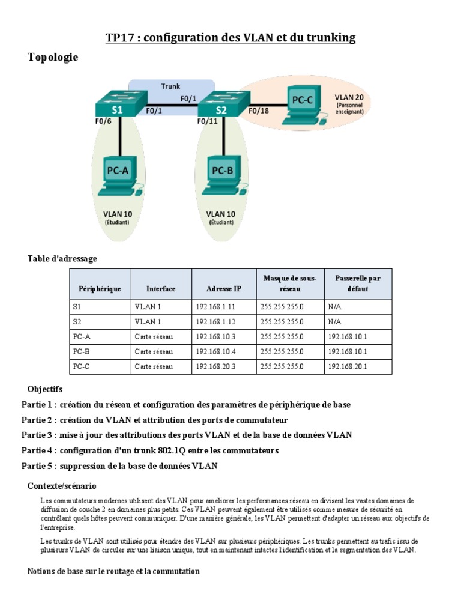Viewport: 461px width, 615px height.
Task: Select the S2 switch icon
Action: tap(221, 106)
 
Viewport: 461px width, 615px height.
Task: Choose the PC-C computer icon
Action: tap(302, 105)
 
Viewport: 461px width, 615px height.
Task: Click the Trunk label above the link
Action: tap(170, 86)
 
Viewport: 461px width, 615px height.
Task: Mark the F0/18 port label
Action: tap(259, 111)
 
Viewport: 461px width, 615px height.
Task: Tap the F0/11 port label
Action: tap(208, 121)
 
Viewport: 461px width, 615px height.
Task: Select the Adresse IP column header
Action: tap(223, 289)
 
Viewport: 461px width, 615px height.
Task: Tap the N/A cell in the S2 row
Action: tap(334, 321)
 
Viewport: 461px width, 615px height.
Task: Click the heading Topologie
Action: tap(53, 58)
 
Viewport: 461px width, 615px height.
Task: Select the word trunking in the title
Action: tap(328, 38)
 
